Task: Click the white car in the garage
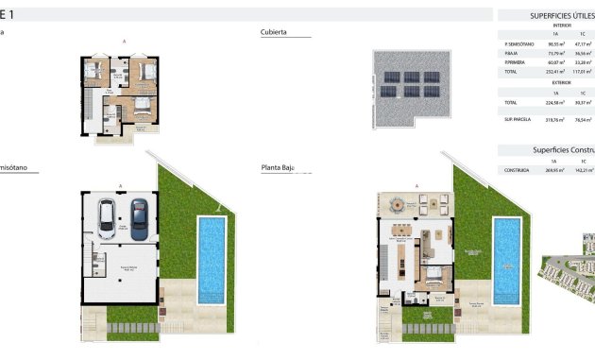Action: pyautogui.click(x=110, y=220)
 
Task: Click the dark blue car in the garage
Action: pyautogui.click(x=139, y=218)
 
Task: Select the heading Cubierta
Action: pyautogui.click(x=274, y=33)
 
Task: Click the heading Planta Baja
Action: pyautogui.click(x=278, y=168)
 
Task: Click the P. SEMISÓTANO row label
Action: pyautogui.click(x=519, y=43)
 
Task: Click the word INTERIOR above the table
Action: pyautogui.click(x=562, y=26)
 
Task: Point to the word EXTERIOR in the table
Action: pyautogui.click(x=562, y=82)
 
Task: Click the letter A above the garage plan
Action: pyautogui.click(x=120, y=185)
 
